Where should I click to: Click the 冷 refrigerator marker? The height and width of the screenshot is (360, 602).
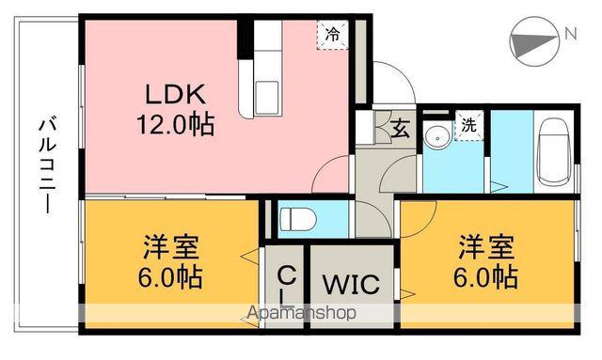pos(333,34)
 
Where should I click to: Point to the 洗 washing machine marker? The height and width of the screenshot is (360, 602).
pos(467,126)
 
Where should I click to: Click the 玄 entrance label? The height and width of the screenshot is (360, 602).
pos(400,128)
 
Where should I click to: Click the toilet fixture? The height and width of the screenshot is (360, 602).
pos(295,219)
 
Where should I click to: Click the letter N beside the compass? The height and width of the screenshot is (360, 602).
pos(570,36)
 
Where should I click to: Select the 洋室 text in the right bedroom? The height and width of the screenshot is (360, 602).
pos(486,248)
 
